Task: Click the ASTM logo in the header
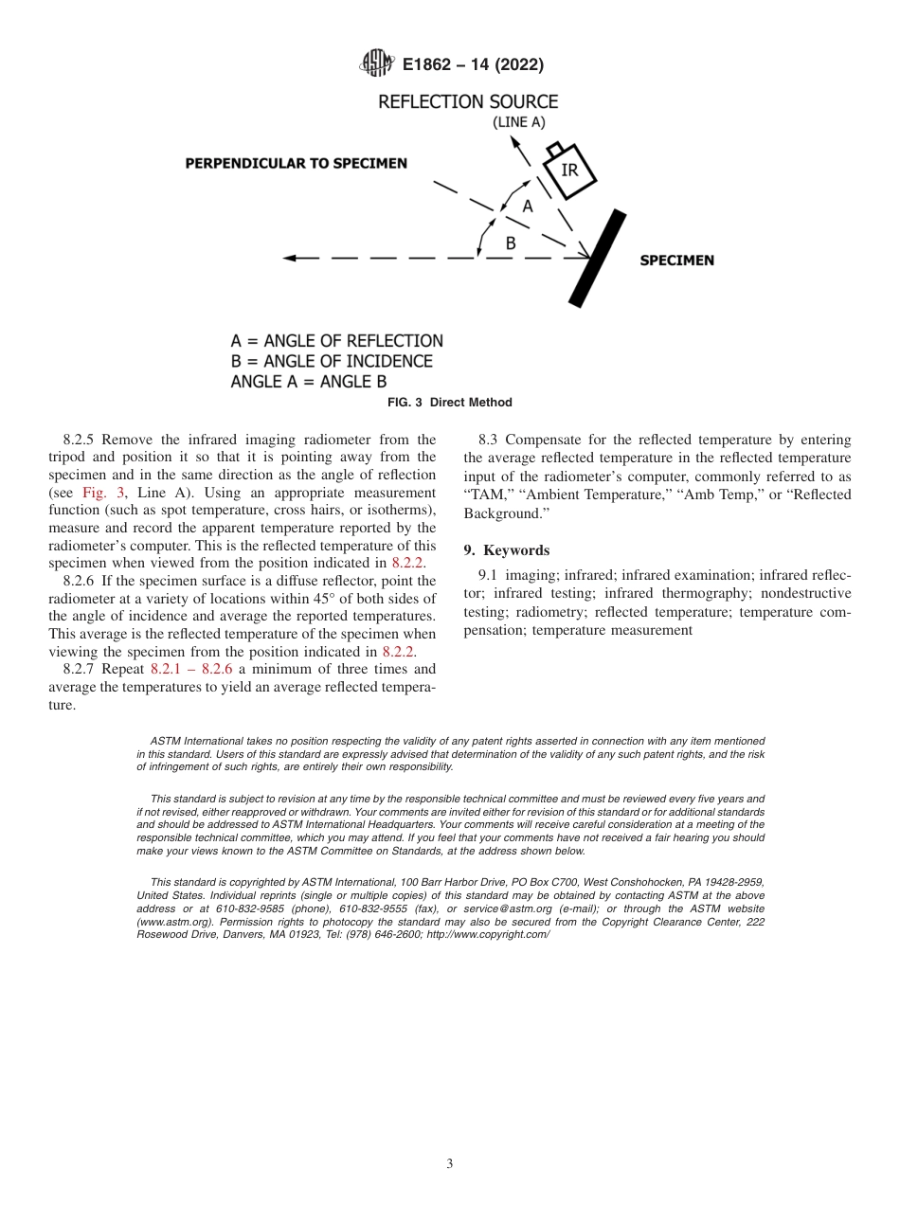click(x=376, y=64)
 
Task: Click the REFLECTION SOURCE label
click(x=468, y=101)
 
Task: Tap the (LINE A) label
click(x=518, y=122)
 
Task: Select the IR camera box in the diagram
click(x=568, y=171)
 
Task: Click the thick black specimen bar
click(x=598, y=258)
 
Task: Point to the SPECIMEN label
click(x=676, y=261)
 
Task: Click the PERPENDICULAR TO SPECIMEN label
click(x=296, y=163)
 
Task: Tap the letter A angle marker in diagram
click(x=528, y=206)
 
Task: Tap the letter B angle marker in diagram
click(x=510, y=243)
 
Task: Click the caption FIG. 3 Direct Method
click(x=450, y=403)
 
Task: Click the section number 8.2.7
click(x=82, y=669)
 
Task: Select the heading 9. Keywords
click(x=506, y=550)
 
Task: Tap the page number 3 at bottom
click(x=450, y=1163)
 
